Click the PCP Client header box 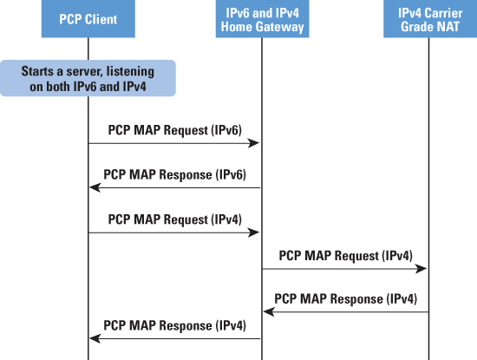point(88,19)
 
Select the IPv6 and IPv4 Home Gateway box point(262,19)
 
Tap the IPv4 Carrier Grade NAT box point(430,19)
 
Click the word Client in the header point(101,19)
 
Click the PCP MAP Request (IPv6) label point(175,130)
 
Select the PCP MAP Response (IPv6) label point(175,174)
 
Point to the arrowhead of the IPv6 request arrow point(254,143)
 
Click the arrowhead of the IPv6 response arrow point(95,187)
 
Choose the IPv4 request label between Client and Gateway point(175,219)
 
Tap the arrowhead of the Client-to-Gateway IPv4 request point(254,232)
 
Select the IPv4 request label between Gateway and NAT point(346,256)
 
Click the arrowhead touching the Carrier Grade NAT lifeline point(421,269)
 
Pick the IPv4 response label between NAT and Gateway point(346,298)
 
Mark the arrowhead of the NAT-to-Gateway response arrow point(269,312)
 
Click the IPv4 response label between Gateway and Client point(175,325)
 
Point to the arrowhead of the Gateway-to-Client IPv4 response point(95,338)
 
